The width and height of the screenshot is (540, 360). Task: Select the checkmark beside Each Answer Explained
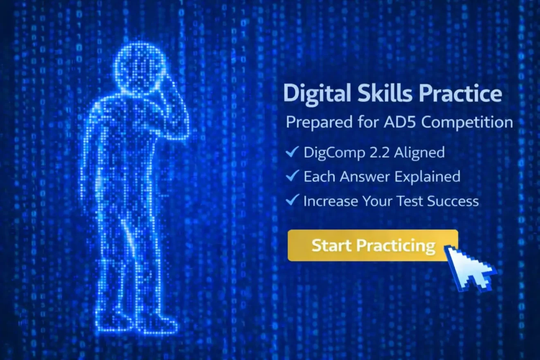292,175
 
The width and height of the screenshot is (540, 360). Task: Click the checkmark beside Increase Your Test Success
292,200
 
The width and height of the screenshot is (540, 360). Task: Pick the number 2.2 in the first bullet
379,153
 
